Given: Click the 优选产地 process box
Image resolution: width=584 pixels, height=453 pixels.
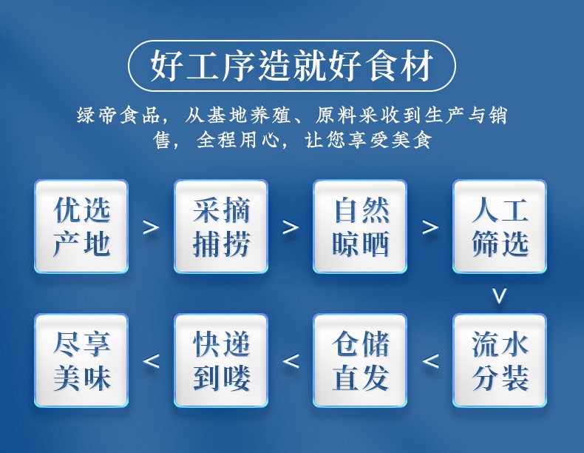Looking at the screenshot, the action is click(x=81, y=226).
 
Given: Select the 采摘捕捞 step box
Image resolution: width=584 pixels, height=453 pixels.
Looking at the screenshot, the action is click(x=221, y=226).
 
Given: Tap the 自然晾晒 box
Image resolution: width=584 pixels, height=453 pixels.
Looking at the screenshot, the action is click(x=360, y=226).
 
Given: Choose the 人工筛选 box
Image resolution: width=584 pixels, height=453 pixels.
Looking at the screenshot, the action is click(x=500, y=226).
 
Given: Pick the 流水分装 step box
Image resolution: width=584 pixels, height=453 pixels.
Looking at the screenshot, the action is click(x=500, y=360).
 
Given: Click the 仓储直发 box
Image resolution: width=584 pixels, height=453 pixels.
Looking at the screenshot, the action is click(x=360, y=360).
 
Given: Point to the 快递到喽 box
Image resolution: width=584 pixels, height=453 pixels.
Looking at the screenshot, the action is click(x=221, y=360).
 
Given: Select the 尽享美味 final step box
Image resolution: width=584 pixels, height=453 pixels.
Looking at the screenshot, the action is click(x=81, y=360).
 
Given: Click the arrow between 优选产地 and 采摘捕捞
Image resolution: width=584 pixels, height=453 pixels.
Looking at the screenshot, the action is click(x=151, y=227).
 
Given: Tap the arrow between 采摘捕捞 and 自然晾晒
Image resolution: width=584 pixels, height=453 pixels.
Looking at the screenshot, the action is click(x=291, y=227).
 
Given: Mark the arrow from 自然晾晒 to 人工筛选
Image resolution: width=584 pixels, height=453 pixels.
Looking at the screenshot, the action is click(x=430, y=227).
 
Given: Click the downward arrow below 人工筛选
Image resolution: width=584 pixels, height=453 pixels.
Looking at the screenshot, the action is click(x=500, y=295).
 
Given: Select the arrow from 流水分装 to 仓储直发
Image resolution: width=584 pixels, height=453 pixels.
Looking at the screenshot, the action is click(x=430, y=361).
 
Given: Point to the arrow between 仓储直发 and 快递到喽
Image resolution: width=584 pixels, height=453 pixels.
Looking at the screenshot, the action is click(x=291, y=361).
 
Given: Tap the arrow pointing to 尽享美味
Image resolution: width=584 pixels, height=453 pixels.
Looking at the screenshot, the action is click(x=151, y=361).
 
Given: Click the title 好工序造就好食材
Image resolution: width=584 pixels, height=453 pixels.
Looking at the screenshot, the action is click(x=291, y=66).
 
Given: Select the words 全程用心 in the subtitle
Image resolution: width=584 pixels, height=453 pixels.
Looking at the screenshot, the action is click(x=237, y=141).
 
